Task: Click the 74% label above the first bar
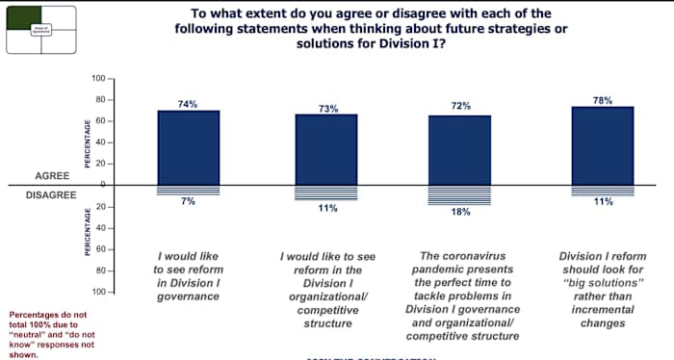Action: point(189,103)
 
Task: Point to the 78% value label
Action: point(604,100)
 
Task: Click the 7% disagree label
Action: point(189,200)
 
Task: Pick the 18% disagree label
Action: point(461,212)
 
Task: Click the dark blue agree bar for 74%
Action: point(189,147)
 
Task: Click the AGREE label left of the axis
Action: point(52,176)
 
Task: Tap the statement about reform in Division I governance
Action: point(189,277)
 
